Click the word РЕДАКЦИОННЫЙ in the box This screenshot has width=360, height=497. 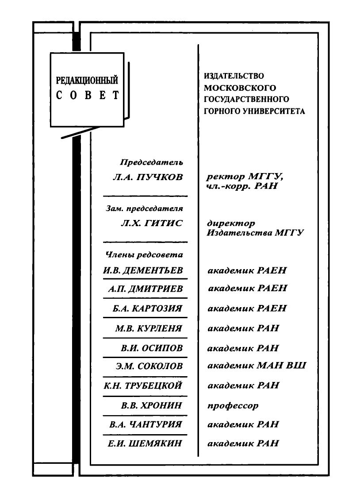coord(87,80)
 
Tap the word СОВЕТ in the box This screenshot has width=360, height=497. coord(88,95)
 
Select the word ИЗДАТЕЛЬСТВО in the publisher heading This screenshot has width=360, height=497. coord(234,76)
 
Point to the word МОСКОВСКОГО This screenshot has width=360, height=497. coord(240,88)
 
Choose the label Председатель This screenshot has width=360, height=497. coord(151,162)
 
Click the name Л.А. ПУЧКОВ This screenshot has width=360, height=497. coord(148,177)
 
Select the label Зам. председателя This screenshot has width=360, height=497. coord(144,208)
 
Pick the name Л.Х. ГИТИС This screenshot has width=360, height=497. coord(152,223)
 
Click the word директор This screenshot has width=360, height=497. coord(231,223)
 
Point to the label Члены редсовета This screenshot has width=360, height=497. coord(144,255)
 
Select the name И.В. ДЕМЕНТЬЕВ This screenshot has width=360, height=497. coord(143,270)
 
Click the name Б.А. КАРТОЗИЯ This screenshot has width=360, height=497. coord(148,308)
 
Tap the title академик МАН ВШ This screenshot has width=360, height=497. coord(257,366)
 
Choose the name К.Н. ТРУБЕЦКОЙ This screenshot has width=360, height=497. coord(143,386)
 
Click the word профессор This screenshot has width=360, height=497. coord(233,406)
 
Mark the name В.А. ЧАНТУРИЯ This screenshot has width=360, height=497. coord(146,424)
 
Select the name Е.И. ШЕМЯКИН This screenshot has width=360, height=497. coord(145,443)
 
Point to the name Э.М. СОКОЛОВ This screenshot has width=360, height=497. coord(149,366)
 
